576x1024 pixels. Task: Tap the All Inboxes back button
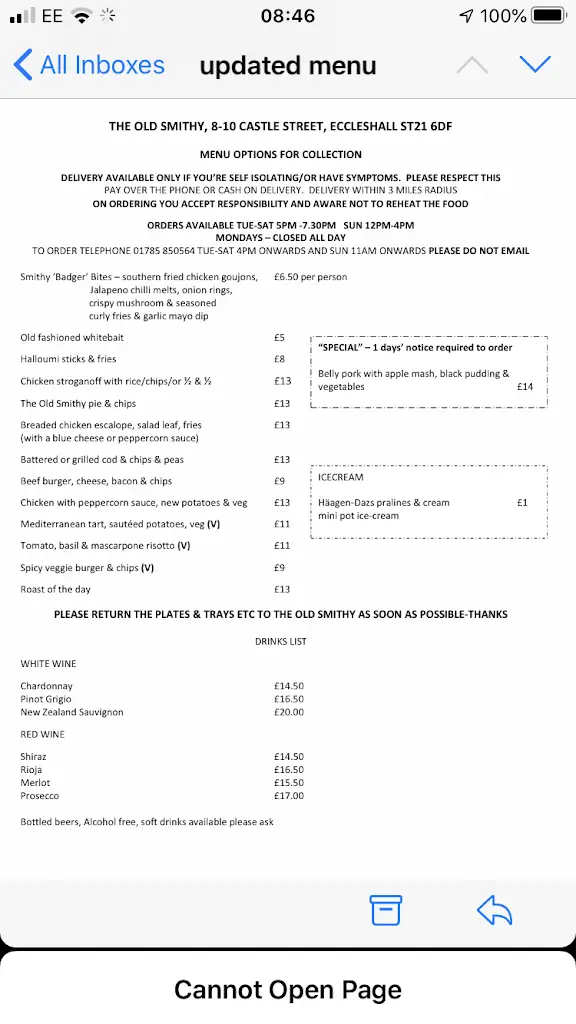(89, 66)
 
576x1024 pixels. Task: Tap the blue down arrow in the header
(535, 65)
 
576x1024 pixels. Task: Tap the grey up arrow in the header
(472, 65)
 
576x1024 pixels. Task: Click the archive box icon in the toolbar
(385, 910)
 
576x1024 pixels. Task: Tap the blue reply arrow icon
(494, 910)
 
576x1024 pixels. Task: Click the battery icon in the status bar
(549, 16)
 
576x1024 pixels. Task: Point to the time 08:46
(287, 16)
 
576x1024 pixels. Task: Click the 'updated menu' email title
(288, 66)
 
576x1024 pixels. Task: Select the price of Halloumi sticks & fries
(279, 359)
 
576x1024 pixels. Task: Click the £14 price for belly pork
(525, 387)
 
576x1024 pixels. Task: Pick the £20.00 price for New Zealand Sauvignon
(289, 712)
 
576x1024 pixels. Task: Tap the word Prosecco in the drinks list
(40, 796)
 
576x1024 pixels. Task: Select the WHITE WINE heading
(49, 664)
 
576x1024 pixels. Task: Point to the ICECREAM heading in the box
(341, 478)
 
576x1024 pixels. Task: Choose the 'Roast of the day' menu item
(56, 590)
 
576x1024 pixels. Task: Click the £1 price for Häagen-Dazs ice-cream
(522, 503)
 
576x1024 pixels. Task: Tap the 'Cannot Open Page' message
(288, 990)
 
